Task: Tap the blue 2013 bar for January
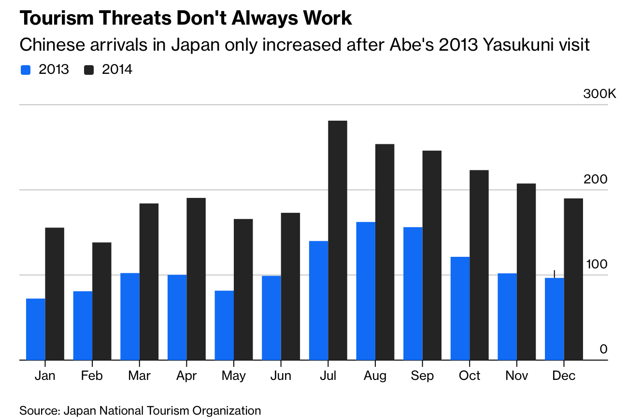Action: pyautogui.click(x=36, y=329)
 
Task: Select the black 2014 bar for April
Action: pyautogui.click(x=196, y=279)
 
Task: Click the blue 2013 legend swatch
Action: pyautogui.click(x=26, y=70)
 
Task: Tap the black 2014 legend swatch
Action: pyautogui.click(x=89, y=70)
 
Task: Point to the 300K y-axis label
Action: pyautogui.click(x=599, y=94)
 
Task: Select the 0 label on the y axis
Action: pyautogui.click(x=603, y=349)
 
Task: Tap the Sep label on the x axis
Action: pyautogui.click(x=422, y=376)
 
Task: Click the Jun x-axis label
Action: pyautogui.click(x=281, y=376)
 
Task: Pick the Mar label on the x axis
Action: pyautogui.click(x=139, y=376)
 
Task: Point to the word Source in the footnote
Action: pyautogui.click(x=39, y=411)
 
